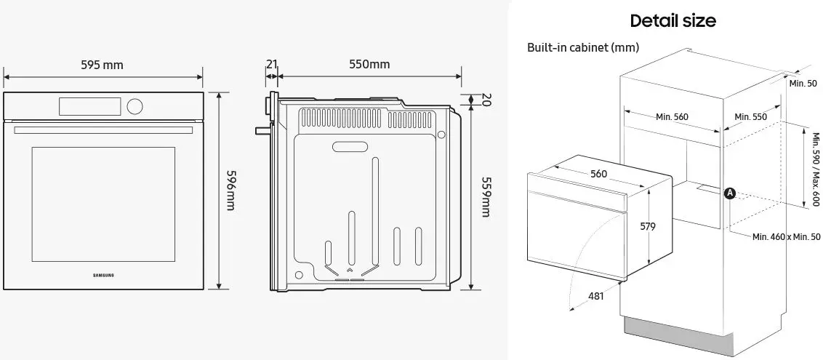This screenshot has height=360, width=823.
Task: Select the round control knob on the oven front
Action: click(x=135, y=106)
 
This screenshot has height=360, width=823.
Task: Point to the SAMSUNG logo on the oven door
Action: click(x=104, y=275)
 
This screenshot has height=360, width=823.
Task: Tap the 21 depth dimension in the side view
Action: click(x=271, y=64)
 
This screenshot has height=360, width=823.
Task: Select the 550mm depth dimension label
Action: click(x=369, y=64)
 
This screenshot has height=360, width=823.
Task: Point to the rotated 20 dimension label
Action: click(x=486, y=100)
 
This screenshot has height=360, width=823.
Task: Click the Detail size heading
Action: click(x=673, y=20)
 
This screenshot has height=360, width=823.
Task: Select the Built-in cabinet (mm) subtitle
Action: click(x=583, y=47)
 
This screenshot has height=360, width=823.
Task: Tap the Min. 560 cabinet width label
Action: click(x=671, y=116)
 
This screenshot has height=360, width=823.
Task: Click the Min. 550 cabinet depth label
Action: click(x=751, y=116)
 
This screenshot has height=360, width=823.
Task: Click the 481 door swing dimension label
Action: click(x=594, y=296)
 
